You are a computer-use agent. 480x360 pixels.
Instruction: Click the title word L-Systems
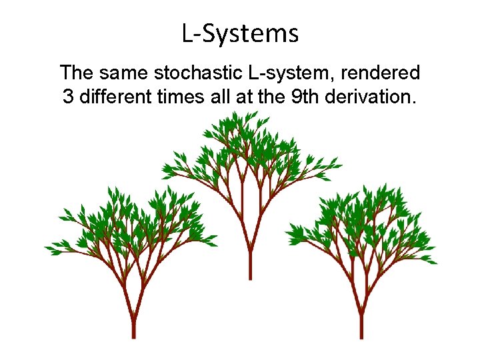click(x=240, y=33)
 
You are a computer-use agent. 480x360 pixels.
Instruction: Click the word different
click(x=115, y=97)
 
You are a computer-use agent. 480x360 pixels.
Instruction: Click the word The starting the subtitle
click(x=77, y=72)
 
